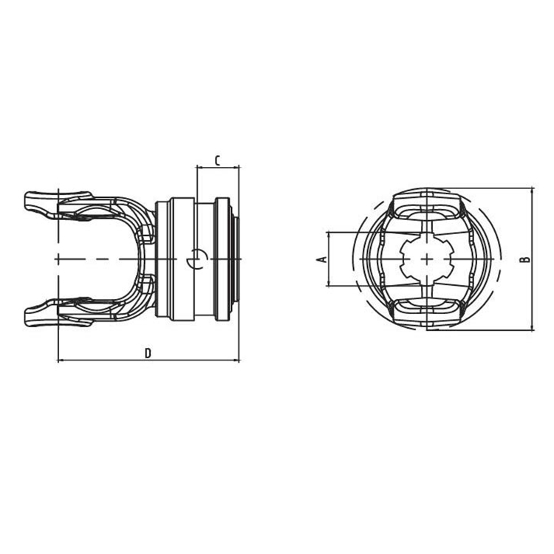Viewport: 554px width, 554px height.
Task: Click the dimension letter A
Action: click(321, 259)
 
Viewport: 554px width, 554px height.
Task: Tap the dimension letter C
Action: click(217, 160)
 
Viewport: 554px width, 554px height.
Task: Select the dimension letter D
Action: click(148, 354)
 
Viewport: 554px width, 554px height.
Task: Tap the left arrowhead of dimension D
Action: click(61, 361)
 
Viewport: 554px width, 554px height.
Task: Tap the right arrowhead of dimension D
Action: click(237, 361)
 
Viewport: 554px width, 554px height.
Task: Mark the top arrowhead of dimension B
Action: click(532, 191)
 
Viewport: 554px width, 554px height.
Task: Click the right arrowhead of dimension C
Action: click(237, 168)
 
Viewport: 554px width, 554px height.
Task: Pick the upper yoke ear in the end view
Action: click(427, 205)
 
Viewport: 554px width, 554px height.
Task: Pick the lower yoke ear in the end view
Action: click(427, 312)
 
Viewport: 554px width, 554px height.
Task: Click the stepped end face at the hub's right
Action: click(236, 259)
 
